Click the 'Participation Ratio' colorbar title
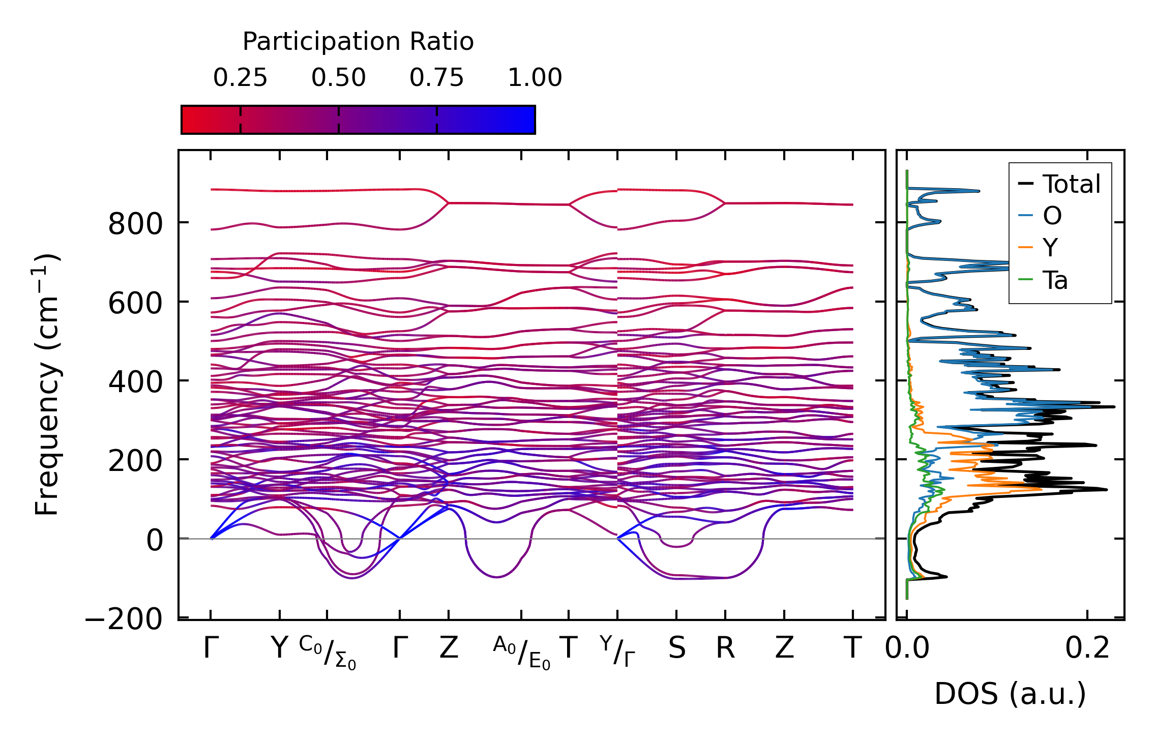coord(358,42)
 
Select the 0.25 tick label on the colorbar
coord(240,78)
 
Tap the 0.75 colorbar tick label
coord(436,78)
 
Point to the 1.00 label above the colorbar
coord(535,78)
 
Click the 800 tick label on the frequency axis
coord(135,224)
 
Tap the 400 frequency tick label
coord(135,382)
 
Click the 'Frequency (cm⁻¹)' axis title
coord(47,384)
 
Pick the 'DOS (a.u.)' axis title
coord(1010,694)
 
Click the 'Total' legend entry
coord(1071,184)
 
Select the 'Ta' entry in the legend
coord(1055,280)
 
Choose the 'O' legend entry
coord(1052,216)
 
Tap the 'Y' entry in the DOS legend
coord(1050,248)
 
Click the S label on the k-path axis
coord(676,648)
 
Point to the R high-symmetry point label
coord(725,648)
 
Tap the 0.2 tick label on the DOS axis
coord(1087,648)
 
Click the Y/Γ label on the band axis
coord(617,651)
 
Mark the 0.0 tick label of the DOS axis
coord(907,648)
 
